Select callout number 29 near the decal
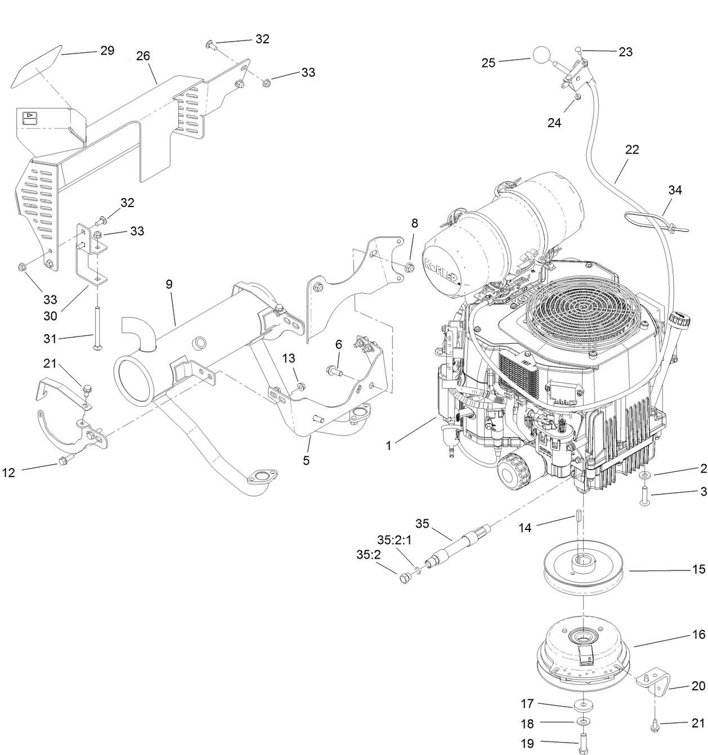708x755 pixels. point(107,51)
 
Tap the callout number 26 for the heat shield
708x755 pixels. point(143,56)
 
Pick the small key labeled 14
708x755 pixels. point(577,516)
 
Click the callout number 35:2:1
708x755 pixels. point(395,540)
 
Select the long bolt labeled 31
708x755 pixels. point(97,329)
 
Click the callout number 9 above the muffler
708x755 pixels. point(169,284)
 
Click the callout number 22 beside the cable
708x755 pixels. point(631,150)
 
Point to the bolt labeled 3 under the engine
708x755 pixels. point(643,497)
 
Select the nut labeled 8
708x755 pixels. point(410,266)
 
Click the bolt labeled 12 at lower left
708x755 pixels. point(62,462)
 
